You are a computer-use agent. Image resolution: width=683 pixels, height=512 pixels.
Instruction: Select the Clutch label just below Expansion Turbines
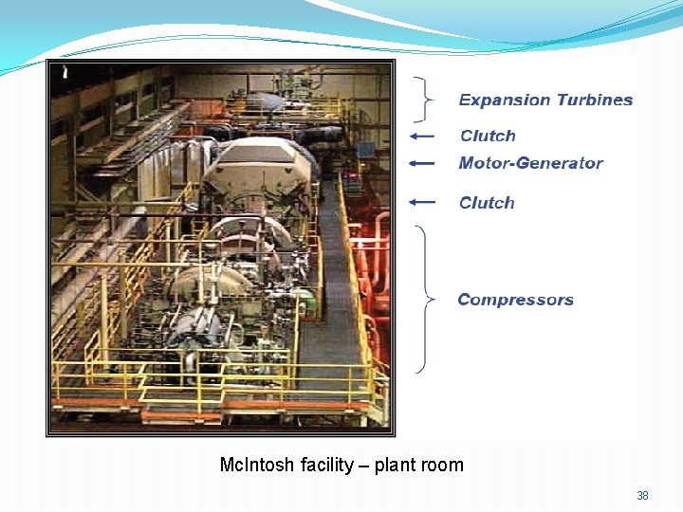[x=488, y=137]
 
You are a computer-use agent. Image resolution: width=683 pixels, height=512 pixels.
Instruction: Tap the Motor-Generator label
[x=530, y=163]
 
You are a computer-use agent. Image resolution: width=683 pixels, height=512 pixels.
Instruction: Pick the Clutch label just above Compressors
[x=487, y=203]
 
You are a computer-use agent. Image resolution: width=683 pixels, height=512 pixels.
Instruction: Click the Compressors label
[x=515, y=300]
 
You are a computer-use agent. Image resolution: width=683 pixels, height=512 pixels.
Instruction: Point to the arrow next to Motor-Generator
[x=422, y=163]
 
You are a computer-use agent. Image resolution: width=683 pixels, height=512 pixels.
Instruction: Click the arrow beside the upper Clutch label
[x=422, y=137]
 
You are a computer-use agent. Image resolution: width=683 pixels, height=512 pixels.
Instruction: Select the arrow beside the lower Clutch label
[x=422, y=202]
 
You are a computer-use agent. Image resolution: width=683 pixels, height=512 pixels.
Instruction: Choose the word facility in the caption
[x=328, y=466]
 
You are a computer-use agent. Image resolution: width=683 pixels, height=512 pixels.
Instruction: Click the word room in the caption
[x=442, y=466]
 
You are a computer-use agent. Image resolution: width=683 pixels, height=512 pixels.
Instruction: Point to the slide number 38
[x=642, y=496]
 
